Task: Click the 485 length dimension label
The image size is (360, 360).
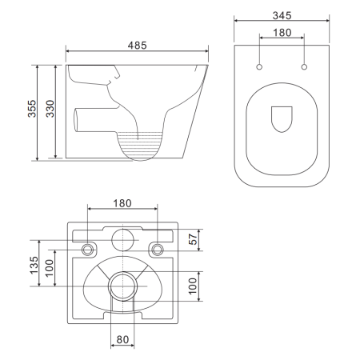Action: [137, 46]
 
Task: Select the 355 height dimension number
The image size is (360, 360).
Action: [32, 109]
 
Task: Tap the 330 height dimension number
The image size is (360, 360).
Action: [50, 109]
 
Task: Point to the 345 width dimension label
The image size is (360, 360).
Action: [282, 15]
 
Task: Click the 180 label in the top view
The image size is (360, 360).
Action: [282, 33]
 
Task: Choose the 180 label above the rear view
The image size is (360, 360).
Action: [122, 203]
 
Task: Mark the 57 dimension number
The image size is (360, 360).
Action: [193, 239]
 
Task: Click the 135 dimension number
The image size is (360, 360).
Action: [34, 265]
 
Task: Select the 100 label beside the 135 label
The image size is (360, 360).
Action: [50, 268]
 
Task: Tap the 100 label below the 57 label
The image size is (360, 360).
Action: [193, 286]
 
